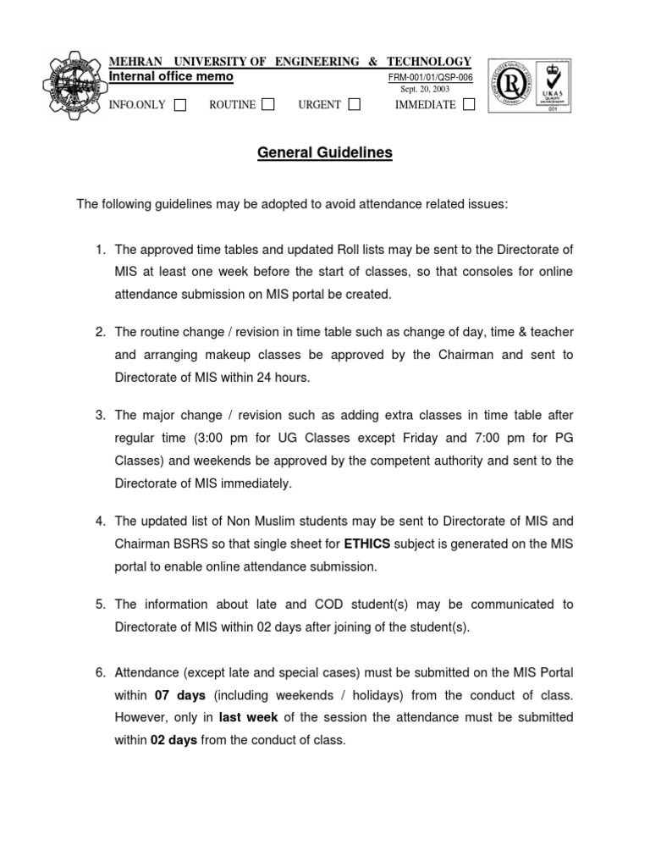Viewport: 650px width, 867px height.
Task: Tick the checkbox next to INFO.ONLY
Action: coord(180,105)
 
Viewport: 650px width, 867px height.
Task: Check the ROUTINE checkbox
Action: coord(268,104)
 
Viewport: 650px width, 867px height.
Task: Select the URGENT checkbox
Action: coord(354,104)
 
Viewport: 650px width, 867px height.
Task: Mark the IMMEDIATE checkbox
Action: coord(469,104)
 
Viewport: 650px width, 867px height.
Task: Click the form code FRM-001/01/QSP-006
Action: coord(430,78)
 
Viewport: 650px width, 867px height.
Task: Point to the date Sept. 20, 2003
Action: coord(425,90)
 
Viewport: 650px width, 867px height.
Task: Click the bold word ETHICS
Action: coord(367,544)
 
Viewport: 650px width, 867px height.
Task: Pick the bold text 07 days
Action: coord(180,695)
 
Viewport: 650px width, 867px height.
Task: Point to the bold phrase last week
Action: coord(249,717)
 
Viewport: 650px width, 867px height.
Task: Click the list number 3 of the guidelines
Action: coord(100,415)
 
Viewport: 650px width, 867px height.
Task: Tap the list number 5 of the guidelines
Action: coord(100,605)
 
